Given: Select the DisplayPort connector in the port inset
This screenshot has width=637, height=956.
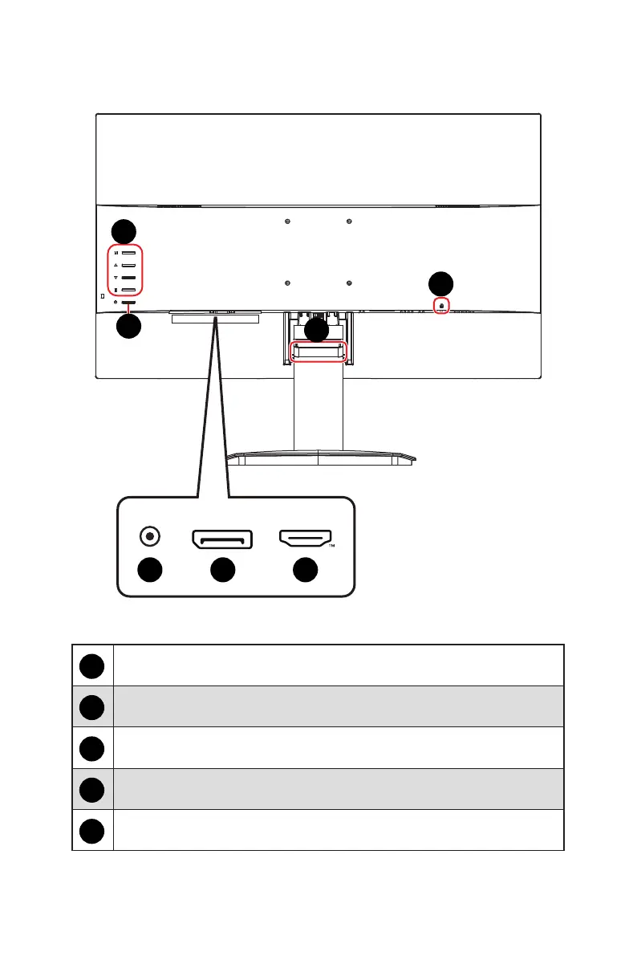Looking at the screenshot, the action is point(222,540).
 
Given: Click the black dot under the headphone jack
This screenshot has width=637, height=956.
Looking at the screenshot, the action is point(148,570).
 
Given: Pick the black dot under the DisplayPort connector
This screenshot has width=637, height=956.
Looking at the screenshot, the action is point(222,570).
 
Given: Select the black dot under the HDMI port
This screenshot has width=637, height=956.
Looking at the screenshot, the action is point(305,570).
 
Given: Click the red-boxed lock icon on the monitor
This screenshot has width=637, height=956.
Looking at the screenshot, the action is point(441,306).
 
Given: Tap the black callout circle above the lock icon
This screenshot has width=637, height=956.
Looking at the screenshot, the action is point(440,283).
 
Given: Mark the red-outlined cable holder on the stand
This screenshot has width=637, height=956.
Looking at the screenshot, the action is point(318,352).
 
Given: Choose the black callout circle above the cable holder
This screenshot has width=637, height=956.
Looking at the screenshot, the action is point(318,330).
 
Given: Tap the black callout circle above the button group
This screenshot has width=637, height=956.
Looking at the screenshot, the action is point(124,231).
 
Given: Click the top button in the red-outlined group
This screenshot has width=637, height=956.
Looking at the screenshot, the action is point(128,253).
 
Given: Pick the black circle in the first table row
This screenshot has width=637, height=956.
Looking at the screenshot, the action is point(93,665).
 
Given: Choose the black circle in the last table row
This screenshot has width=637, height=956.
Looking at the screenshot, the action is point(93,831).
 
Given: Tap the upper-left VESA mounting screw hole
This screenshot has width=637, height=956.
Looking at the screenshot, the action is point(288,222).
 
